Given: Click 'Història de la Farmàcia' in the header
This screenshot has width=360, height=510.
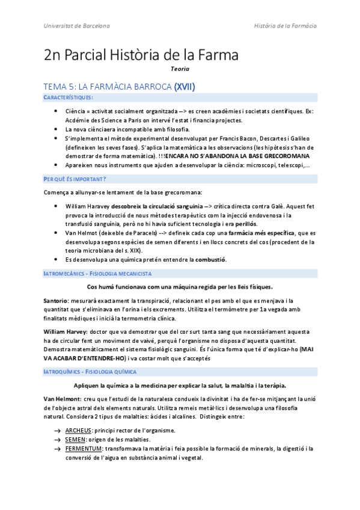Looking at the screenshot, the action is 285,26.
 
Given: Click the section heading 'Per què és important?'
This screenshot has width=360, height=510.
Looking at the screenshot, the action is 75,179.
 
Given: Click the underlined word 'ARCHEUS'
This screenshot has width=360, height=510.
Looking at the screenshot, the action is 78,430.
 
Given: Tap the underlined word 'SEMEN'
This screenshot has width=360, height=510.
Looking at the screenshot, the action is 75,439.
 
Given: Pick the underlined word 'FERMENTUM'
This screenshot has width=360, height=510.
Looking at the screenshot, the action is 83,448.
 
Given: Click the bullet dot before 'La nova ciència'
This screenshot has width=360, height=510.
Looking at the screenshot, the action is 56,129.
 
